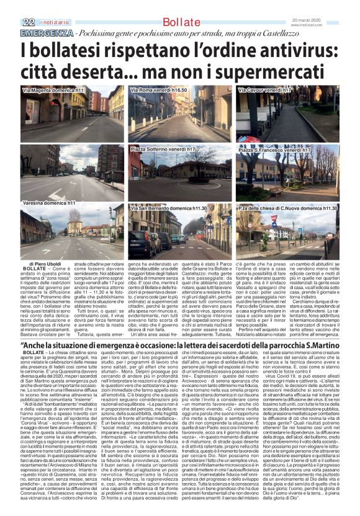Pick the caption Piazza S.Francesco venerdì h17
coord(274,150)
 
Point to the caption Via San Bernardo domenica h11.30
coord(169,208)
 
